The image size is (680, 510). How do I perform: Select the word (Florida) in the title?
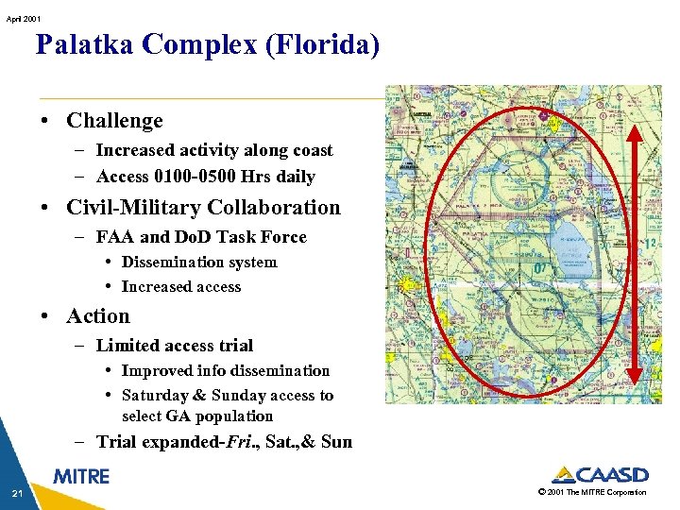click(321, 45)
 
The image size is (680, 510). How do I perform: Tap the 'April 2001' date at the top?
click(22, 18)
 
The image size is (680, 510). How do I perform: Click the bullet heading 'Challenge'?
click(114, 121)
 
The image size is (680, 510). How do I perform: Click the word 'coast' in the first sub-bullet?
click(311, 150)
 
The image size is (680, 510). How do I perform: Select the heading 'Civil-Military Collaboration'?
click(203, 208)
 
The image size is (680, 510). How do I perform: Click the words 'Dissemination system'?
click(199, 263)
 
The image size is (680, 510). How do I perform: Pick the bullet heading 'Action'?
click(98, 316)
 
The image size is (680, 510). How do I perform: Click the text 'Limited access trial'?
click(175, 346)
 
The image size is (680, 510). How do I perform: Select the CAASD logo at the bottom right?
click(600, 475)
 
